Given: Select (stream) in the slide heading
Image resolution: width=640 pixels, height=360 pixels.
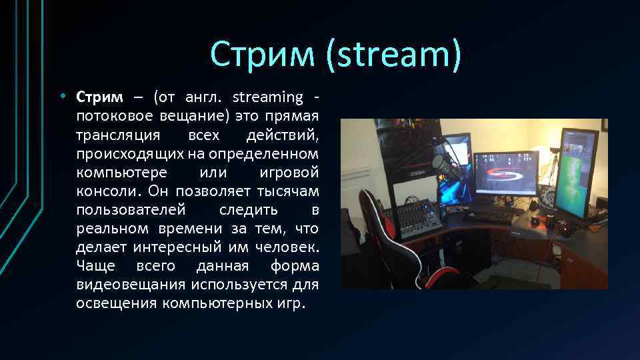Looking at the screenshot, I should (x=393, y=54).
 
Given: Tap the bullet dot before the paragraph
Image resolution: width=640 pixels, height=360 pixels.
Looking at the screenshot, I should (x=61, y=97).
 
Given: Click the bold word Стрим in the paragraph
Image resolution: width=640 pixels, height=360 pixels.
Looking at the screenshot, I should (x=99, y=97).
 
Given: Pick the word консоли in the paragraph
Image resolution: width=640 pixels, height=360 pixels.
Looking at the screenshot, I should (x=101, y=191).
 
